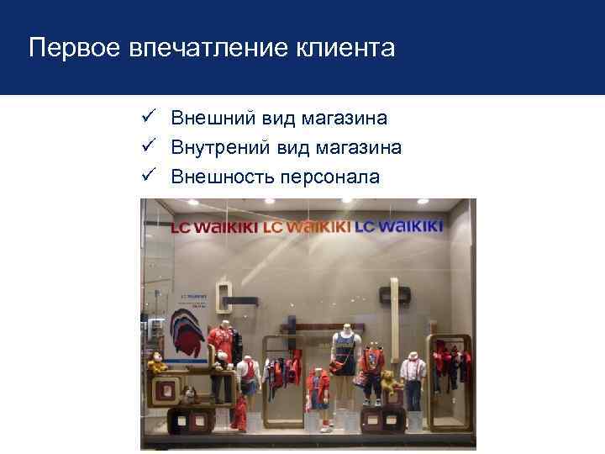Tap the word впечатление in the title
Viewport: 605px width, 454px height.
pos(212,48)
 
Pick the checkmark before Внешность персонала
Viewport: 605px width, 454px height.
pos(145,176)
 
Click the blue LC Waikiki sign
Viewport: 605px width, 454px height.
pos(398,226)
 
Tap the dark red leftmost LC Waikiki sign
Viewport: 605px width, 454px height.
pos(214,227)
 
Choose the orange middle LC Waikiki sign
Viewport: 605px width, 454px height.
pos(307,227)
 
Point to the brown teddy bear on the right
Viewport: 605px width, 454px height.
pos(389,383)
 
